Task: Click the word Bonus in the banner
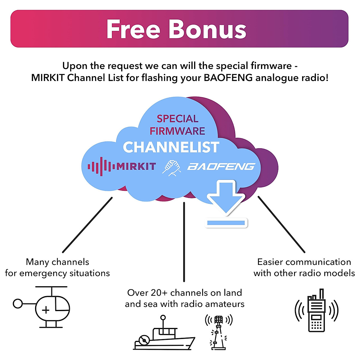point(208,29)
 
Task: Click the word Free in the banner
point(133,29)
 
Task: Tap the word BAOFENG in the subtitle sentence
point(228,78)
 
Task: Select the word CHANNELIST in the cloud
point(171,147)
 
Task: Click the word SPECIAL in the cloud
point(177,119)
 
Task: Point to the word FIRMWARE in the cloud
point(177,131)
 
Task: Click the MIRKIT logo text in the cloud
point(136,166)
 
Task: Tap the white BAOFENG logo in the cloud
point(221,166)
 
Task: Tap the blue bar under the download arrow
point(226,223)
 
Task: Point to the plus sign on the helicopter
point(46,310)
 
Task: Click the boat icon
point(163,334)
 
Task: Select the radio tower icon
point(218,331)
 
